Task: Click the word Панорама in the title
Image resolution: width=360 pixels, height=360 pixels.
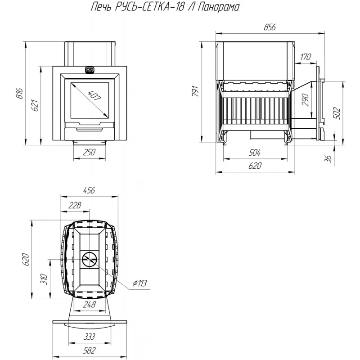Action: pos(218,7)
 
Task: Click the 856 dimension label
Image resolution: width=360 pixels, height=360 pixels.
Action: pos(270,27)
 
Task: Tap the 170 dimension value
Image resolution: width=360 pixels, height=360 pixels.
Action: pos(306,57)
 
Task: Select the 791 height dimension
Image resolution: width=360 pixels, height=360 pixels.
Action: pos(195,91)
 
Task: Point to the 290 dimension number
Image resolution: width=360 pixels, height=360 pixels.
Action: pos(306,100)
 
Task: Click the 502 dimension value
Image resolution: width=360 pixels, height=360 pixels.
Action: pos(337,113)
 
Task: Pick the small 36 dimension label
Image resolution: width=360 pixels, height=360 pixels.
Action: pos(329,159)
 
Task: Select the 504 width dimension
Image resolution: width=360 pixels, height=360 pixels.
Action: pos(255,153)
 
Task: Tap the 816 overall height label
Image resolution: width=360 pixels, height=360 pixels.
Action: pos(19,93)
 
